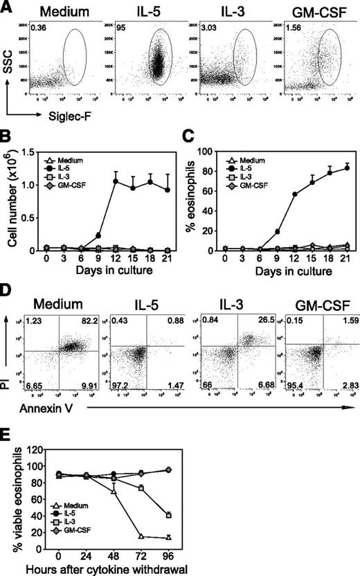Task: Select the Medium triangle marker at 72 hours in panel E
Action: click(122, 536)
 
